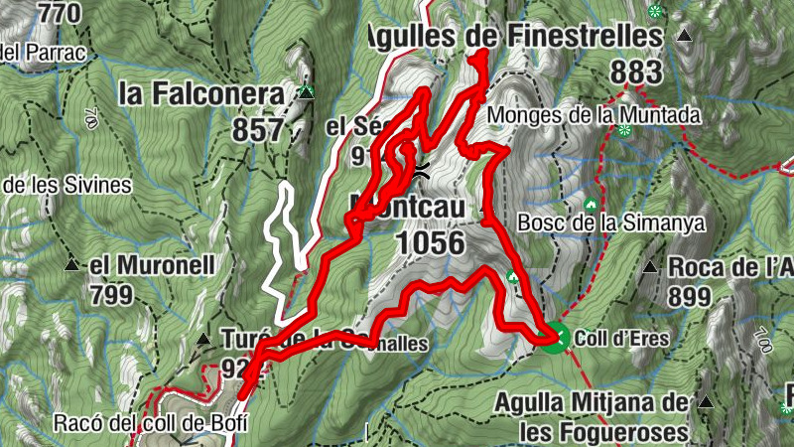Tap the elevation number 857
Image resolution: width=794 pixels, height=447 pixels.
[x=258, y=129]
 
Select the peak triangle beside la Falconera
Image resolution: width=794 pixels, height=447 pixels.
[x=307, y=93]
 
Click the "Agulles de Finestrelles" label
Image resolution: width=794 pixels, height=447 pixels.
[x=513, y=37]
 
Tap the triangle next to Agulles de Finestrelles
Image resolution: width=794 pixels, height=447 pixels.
[x=684, y=37]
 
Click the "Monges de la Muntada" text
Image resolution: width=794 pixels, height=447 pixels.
[x=595, y=115]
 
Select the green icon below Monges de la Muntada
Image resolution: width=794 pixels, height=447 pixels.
[x=624, y=130]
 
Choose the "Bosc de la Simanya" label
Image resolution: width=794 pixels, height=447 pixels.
[x=611, y=223]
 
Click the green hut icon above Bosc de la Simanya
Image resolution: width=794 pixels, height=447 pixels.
[x=592, y=206]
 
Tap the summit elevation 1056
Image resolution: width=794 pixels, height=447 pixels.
[x=430, y=242]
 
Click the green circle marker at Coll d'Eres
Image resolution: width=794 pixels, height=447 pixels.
[x=556, y=338]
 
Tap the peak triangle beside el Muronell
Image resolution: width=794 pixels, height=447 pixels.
[x=71, y=265]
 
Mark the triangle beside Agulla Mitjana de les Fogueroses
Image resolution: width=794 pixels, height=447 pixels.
[x=706, y=402]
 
